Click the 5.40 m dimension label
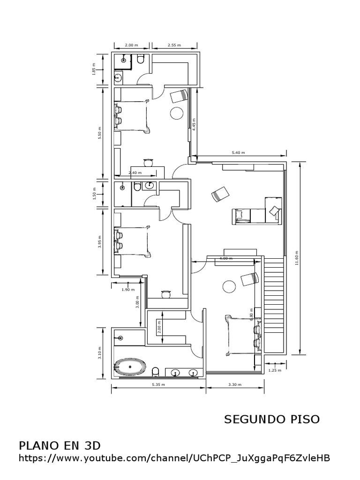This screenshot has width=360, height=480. pyautogui.click(x=239, y=153)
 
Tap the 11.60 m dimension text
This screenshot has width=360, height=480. pyautogui.click(x=297, y=257)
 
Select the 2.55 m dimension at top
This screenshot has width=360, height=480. pyautogui.click(x=174, y=45)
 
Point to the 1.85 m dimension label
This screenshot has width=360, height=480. pyautogui.click(x=94, y=70)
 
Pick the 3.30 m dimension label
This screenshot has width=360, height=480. pyautogui.click(x=234, y=385)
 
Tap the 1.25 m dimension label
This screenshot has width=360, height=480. pyautogui.click(x=275, y=370)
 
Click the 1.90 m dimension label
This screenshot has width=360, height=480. pyautogui.click(x=128, y=289)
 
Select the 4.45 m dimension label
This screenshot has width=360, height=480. pyautogui.click(x=194, y=123)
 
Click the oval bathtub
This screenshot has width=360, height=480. pyautogui.click(x=130, y=367)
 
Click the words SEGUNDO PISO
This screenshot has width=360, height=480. pyautogui.click(x=272, y=419)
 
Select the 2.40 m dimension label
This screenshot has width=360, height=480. pyautogui.click(x=135, y=172)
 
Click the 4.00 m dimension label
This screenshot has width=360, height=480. pyautogui.click(x=226, y=258)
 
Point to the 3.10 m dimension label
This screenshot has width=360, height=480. pyautogui.click(x=99, y=353)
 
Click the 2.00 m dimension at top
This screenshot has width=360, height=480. pyautogui.click(x=131, y=45)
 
